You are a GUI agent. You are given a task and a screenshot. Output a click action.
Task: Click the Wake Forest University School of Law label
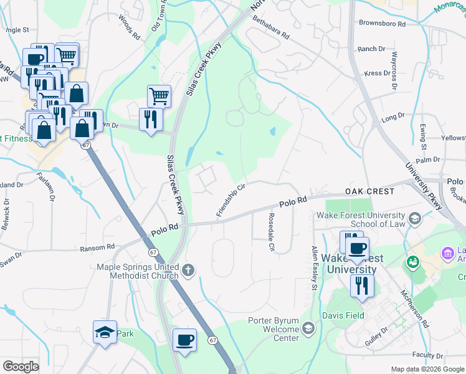coord(368,219)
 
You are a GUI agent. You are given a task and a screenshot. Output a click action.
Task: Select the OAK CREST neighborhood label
coord(370,191)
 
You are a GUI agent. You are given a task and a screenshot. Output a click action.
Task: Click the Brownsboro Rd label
coord(382,24)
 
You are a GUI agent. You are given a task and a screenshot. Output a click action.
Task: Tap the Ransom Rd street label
coord(98,248)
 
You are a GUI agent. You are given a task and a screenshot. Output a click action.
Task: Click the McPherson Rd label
coord(415,308)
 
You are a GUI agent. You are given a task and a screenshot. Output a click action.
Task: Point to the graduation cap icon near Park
coord(105,333)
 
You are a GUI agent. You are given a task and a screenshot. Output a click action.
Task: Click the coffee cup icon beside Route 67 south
coord(184,341)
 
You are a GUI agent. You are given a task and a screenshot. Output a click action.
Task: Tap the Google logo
coord(21,367)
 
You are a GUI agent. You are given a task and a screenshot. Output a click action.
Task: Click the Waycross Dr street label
coord(394,71)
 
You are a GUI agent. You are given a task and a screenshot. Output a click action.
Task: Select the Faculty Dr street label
coord(427,355)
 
